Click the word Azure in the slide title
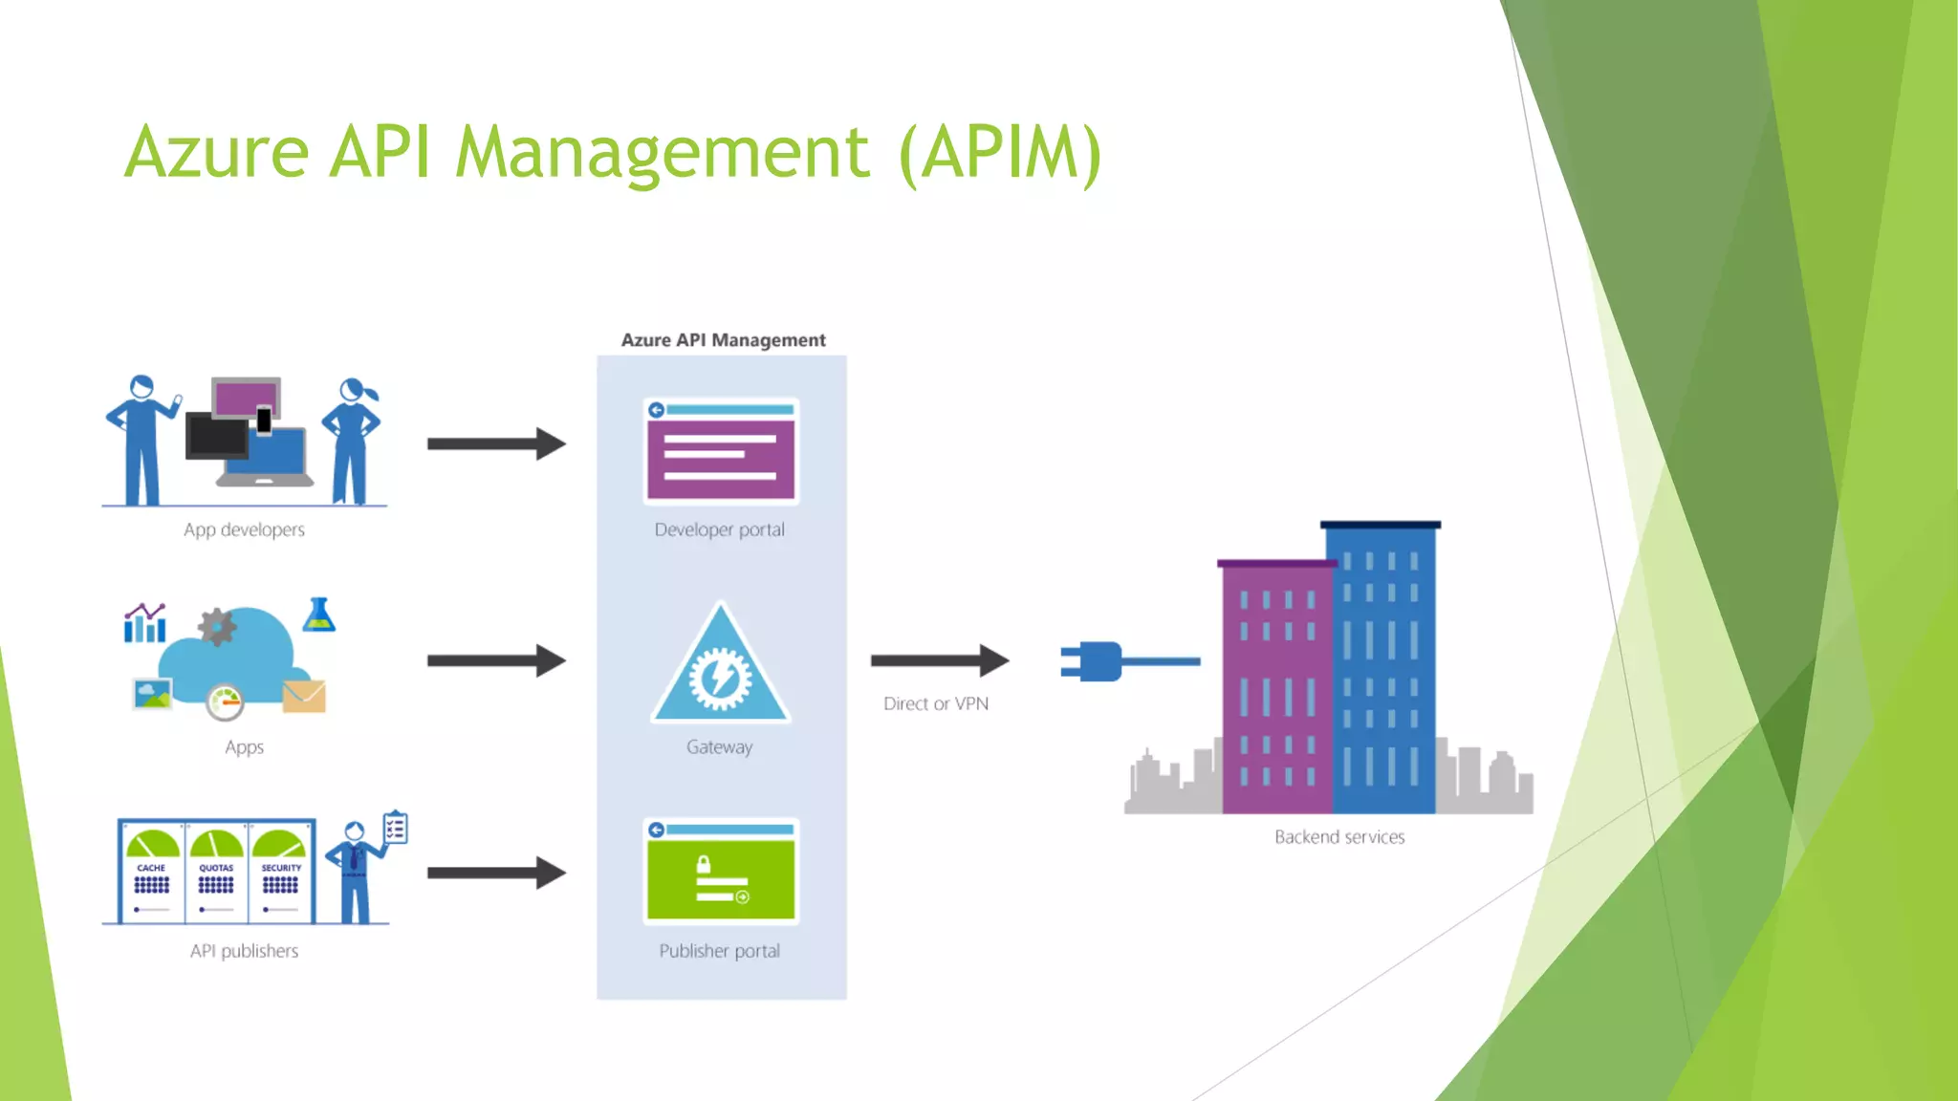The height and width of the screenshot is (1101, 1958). (216, 152)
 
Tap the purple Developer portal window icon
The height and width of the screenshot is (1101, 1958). (721, 451)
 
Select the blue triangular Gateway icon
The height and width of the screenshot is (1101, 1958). (720, 669)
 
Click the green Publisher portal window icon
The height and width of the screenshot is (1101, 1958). (721, 871)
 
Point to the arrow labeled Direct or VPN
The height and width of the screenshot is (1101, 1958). (939, 659)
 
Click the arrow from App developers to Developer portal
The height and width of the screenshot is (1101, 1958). (495, 443)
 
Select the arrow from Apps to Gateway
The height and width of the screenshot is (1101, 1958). (495, 660)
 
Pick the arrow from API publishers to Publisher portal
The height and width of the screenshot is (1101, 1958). (495, 872)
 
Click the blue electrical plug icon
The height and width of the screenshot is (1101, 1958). (1099, 660)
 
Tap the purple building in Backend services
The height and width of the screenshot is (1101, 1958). (1275, 688)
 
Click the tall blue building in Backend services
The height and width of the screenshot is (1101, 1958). (1382, 669)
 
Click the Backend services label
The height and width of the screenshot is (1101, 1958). (1339, 837)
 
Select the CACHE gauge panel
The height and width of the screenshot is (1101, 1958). (152, 871)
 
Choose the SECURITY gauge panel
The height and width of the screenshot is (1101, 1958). (281, 871)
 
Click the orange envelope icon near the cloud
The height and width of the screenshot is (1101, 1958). (304, 696)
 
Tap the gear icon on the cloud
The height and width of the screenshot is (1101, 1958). (217, 627)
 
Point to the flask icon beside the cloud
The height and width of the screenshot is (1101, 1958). (318, 615)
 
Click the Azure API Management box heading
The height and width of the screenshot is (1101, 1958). (723, 340)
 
